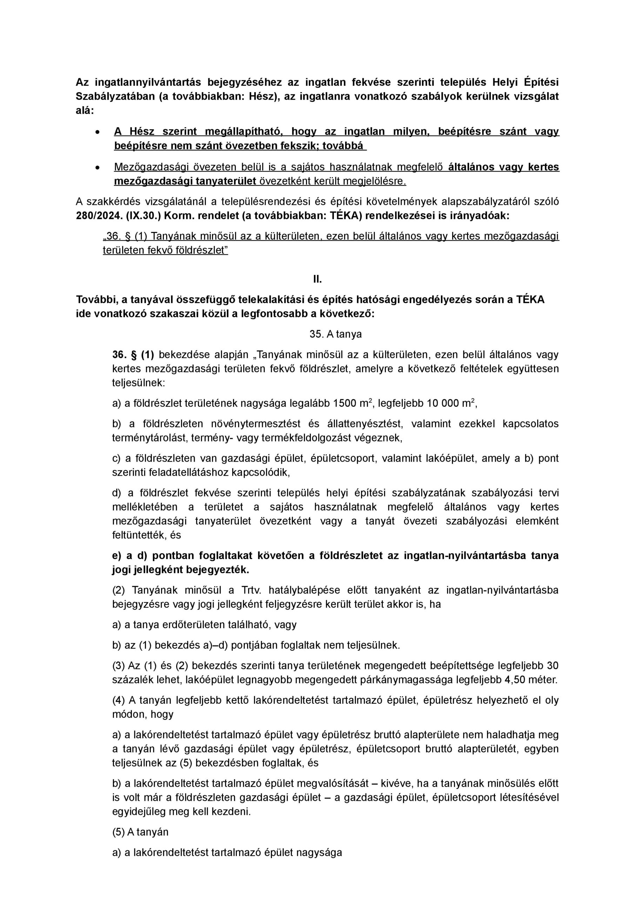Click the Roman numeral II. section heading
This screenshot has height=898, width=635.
[x=317, y=279]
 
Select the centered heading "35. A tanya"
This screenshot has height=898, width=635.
[x=335, y=334]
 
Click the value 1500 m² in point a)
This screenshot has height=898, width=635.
[x=351, y=403]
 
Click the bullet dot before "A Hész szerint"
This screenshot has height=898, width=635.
[x=98, y=132]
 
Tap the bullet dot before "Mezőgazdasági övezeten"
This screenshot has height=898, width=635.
[x=98, y=167]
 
